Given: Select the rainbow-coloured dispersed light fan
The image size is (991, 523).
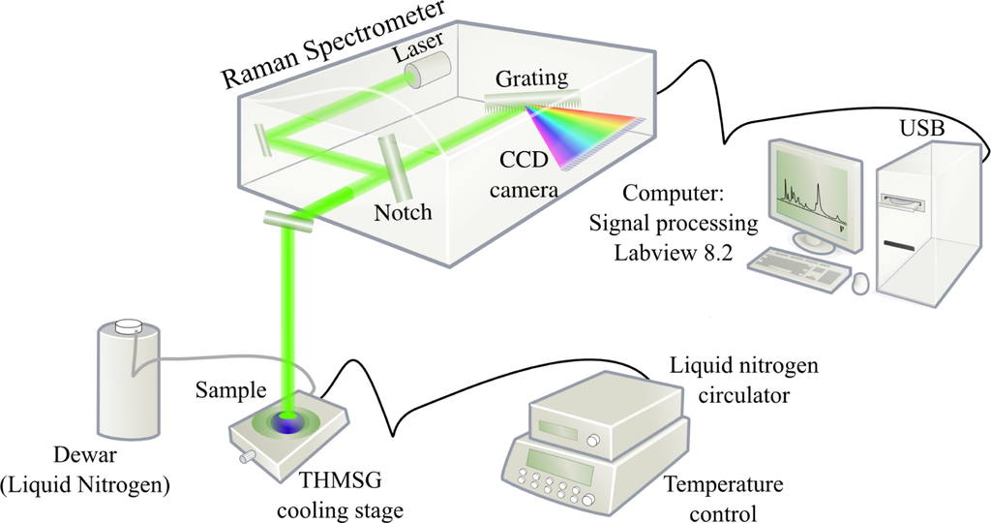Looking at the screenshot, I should click(586, 135).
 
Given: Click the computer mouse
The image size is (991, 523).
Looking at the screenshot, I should click(857, 283).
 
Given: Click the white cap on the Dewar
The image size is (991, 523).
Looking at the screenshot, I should click(129, 329).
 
